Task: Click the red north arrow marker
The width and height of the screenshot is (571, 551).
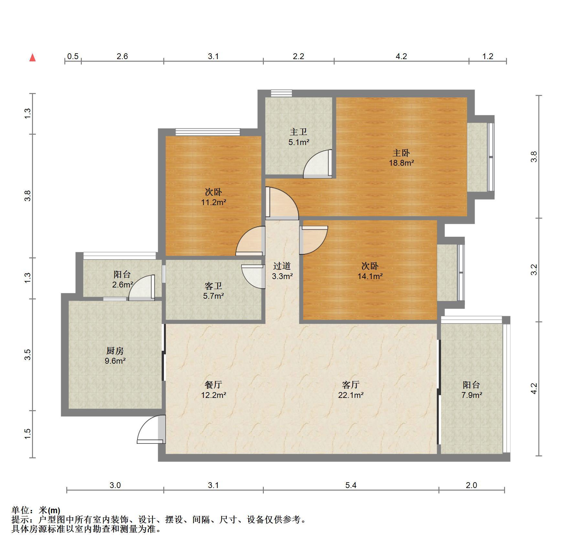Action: pos(32,58)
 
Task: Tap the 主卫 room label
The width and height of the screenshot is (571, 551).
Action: pos(298,132)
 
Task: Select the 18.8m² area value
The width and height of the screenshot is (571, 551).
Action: pos(401,163)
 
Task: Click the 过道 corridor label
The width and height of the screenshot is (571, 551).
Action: pos(282,266)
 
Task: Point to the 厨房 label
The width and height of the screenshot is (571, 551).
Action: pos(115,351)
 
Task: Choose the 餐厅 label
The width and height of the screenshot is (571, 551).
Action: pos(213,385)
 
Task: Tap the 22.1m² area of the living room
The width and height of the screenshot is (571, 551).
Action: pos(351,395)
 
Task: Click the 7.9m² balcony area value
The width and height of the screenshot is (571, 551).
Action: pos(472,395)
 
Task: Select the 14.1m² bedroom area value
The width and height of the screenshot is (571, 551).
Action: pos(370,276)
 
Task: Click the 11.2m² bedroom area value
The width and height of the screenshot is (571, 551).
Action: pos(213,203)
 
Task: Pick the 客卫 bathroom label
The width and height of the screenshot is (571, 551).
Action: pos(213,286)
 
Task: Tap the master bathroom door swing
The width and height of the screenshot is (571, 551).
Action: pos(318,164)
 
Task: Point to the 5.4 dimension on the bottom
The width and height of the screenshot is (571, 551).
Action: pos(351,485)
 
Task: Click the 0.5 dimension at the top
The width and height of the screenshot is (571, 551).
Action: pos(73,56)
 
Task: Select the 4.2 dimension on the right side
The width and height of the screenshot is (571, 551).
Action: pos(534,388)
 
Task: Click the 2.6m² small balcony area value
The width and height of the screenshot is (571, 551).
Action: pos(123,285)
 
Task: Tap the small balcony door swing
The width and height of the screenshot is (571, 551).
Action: pos(142,288)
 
